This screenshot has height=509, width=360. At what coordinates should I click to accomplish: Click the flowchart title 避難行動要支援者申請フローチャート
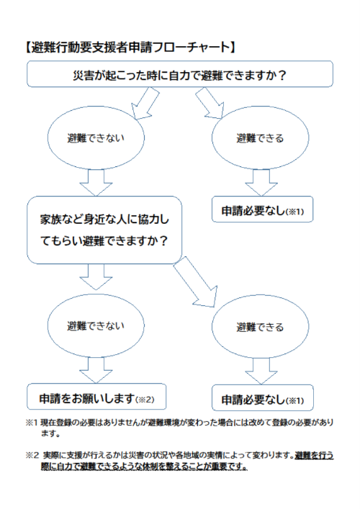point(130,48)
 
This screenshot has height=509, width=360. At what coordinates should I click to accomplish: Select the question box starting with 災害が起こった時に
point(180,74)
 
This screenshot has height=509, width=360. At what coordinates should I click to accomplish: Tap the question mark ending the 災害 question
point(282,76)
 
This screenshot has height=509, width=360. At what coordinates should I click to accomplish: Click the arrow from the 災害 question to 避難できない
point(145,104)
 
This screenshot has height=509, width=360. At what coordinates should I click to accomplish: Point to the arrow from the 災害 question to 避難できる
point(210,103)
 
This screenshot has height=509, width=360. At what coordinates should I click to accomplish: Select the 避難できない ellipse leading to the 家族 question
point(96,138)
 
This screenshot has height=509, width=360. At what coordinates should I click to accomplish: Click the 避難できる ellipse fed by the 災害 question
point(261,138)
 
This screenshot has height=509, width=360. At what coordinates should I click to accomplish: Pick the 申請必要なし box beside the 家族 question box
point(262,210)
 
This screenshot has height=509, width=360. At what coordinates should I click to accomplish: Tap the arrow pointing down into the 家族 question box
point(96,183)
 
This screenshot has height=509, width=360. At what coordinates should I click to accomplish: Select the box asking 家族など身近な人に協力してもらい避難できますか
point(104,230)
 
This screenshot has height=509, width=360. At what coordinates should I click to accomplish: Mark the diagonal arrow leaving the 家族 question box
point(196,281)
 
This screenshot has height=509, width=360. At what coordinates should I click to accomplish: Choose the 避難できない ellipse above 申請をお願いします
point(96,326)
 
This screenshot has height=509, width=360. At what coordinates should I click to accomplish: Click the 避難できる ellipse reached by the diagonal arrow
point(261,327)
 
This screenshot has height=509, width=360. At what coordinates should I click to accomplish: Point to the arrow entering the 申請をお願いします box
point(96,370)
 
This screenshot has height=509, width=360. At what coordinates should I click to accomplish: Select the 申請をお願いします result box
point(96,397)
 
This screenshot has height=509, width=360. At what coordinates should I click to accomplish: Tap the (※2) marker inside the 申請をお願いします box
point(145,400)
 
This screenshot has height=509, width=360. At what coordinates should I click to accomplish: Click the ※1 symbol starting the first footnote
point(32,423)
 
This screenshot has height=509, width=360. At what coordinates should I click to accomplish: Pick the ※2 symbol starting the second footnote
point(32,456)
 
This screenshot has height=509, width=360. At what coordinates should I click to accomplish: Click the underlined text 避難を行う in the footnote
point(314,456)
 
